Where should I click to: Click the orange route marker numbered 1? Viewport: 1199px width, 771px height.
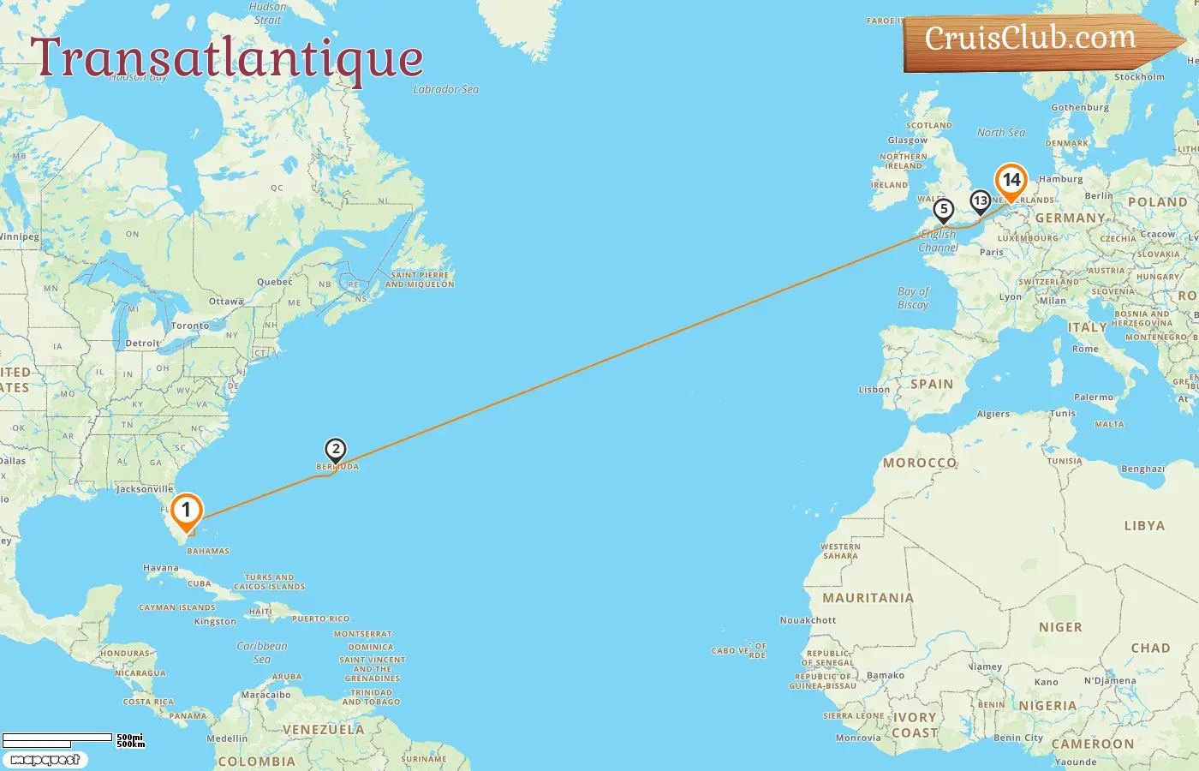(x=186, y=511)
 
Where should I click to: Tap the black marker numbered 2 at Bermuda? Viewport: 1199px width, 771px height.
(x=336, y=449)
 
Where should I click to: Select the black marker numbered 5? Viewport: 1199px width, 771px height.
(x=943, y=209)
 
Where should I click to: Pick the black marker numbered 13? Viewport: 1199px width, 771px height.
(x=981, y=200)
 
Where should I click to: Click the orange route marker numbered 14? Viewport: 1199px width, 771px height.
(x=1011, y=180)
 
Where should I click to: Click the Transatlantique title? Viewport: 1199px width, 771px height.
(x=227, y=58)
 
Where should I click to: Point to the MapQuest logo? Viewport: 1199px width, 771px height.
(x=45, y=760)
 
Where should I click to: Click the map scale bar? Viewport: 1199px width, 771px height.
(x=57, y=738)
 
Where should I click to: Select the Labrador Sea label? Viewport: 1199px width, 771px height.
(x=445, y=89)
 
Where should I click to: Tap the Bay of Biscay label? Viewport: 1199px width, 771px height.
(x=913, y=298)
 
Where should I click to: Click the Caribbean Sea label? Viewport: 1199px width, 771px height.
(x=262, y=652)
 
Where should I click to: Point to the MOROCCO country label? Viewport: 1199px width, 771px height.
(x=920, y=463)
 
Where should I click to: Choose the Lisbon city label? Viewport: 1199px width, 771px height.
(x=874, y=390)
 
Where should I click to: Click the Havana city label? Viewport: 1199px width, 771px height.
(x=161, y=568)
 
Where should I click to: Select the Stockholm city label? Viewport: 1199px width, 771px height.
(x=1139, y=77)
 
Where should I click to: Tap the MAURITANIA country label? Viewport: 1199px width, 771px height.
(x=868, y=598)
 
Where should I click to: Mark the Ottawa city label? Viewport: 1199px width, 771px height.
(x=226, y=302)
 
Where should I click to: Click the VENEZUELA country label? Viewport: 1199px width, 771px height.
(x=324, y=730)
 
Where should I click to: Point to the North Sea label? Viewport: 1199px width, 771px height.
(x=1001, y=133)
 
